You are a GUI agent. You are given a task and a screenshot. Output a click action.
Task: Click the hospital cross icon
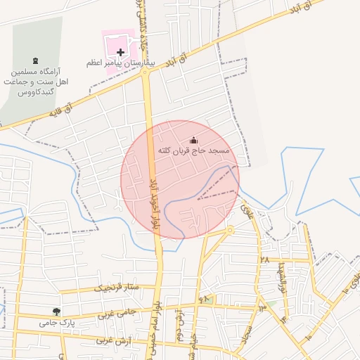coord(120,52)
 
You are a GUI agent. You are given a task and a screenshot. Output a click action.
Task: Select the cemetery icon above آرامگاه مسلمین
coord(36,59)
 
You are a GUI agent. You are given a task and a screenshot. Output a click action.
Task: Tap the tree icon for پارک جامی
coord(56,311)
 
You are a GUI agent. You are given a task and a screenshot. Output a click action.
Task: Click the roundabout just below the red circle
coord(230,230)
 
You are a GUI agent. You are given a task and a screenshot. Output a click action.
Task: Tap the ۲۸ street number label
coord(264,259)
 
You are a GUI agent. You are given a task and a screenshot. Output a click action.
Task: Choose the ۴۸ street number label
coord(205,300)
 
